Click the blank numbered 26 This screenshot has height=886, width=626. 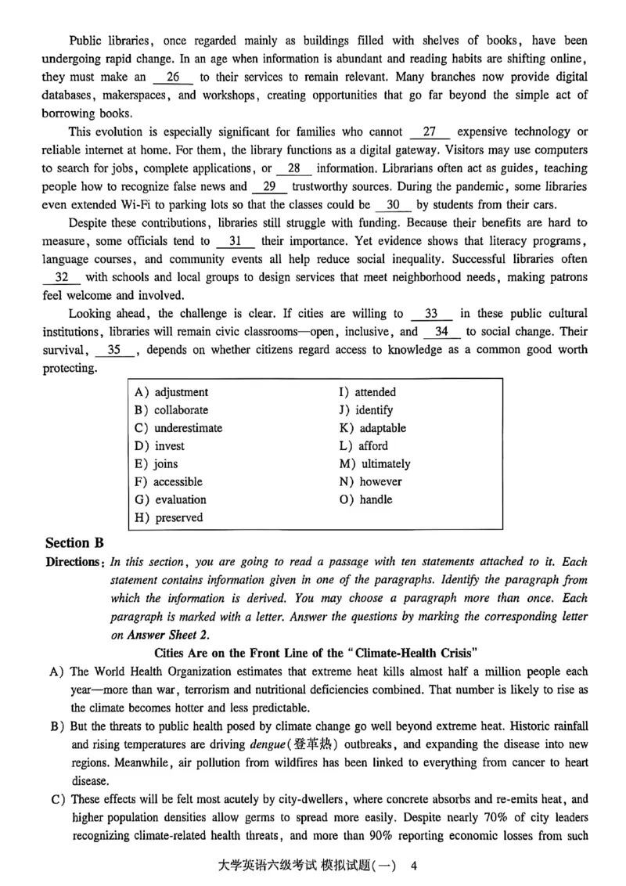click(173, 77)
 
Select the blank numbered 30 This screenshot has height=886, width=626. click(394, 204)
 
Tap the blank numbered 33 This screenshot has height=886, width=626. click(431, 313)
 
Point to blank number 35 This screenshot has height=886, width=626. click(114, 350)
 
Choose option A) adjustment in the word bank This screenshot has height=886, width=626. click(171, 392)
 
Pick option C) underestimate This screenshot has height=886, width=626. click(178, 428)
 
